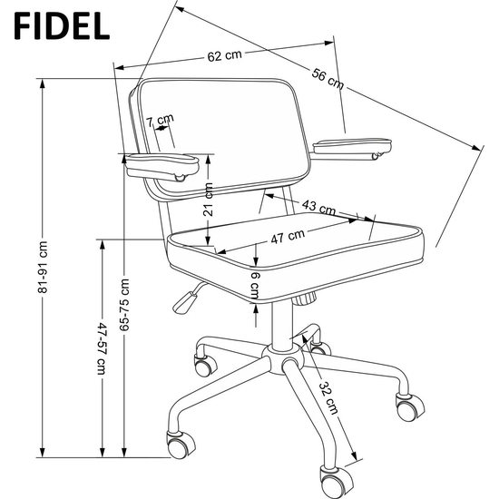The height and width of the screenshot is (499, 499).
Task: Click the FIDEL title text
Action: click(62, 25)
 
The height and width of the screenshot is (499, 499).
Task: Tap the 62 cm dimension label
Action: click(225, 55)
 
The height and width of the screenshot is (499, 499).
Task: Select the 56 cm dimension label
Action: click(328, 79)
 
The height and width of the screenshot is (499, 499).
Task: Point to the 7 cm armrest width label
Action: click(160, 120)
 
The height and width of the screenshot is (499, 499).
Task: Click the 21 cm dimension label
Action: click(208, 200)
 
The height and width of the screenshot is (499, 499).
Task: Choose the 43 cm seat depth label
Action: click(318, 207)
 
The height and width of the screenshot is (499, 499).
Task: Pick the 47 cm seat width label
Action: click(288, 236)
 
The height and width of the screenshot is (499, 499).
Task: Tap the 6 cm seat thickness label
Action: click(255, 286)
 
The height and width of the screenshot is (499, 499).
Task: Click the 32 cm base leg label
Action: click(328, 397)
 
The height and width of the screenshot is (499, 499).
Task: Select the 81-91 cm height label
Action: click(43, 267)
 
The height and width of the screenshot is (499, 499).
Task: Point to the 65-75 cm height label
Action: click(124, 305)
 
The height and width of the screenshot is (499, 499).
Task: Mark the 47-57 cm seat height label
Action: click(102, 348)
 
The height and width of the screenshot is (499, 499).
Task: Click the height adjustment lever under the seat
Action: click(185, 299)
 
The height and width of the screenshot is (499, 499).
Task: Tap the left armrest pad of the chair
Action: click(162, 166)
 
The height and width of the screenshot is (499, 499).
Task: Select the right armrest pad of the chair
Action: click(352, 146)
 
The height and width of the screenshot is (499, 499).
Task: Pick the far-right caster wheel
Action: click(409, 407)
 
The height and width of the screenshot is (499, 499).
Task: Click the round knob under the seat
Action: click(305, 298)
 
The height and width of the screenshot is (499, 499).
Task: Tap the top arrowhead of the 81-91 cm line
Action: click(43, 84)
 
